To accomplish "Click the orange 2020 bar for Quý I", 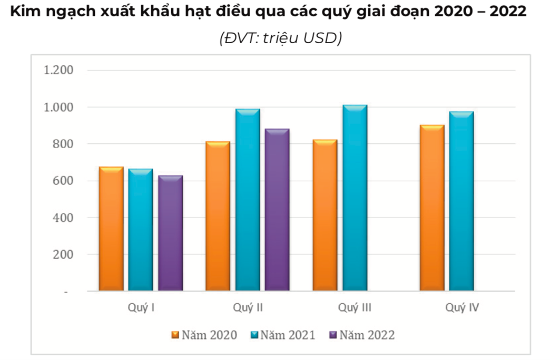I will coord(111,229).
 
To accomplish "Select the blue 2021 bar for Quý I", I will coord(141,230).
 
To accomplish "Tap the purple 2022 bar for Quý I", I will coord(170,233).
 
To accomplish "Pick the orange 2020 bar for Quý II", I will coord(218,216).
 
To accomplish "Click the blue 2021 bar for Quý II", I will coord(248,200).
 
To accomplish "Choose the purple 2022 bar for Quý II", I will coord(277,210).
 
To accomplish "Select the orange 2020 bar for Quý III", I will coord(325,215).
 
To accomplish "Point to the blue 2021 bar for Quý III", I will coord(355,198).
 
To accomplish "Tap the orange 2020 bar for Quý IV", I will coord(431,208).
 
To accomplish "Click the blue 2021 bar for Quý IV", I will coord(461,201).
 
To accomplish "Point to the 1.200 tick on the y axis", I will coord(59,71).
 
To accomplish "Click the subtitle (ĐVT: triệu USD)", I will coord(280,38).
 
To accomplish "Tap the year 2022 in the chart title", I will coord(508,12).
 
